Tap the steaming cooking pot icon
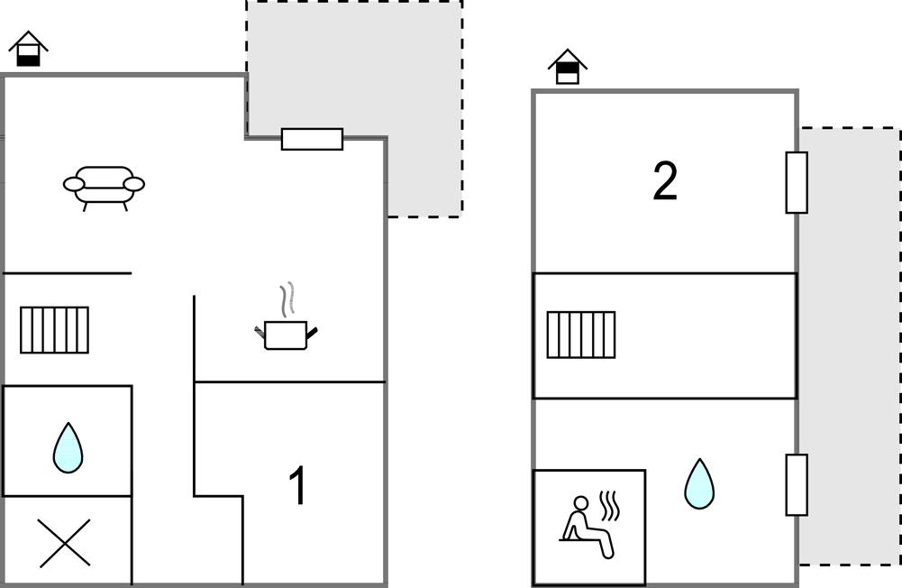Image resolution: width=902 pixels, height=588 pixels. (x=287, y=332)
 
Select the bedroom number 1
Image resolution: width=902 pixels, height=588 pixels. (x=296, y=486)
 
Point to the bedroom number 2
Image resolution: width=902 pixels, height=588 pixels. (x=664, y=182)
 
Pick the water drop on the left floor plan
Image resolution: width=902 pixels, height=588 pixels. (x=68, y=448)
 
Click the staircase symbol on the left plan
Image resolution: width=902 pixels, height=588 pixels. (x=54, y=330)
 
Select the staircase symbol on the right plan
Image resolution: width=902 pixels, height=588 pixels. (x=581, y=335)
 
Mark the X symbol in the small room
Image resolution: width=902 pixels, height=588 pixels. (x=66, y=542)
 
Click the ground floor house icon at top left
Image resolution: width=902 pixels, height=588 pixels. (x=28, y=50)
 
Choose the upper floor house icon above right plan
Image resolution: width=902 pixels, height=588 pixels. (x=567, y=68)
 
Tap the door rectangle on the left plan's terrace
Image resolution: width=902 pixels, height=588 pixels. (x=312, y=139)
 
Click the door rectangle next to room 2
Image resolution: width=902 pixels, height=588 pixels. (x=797, y=182)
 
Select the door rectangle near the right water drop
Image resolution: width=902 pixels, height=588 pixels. (x=797, y=484)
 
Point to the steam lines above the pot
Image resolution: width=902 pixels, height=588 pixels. (x=287, y=299)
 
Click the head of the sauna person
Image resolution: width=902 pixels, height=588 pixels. (x=581, y=503)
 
